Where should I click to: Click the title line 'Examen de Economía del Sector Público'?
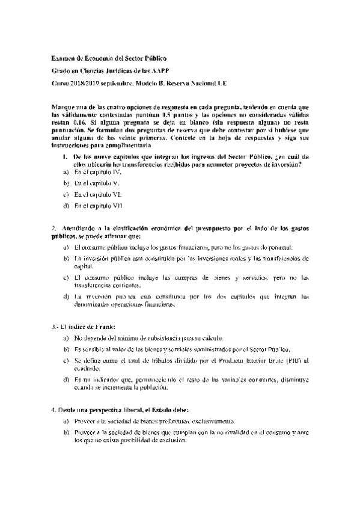coord(108,58)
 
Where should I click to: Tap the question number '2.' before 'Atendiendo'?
coord(54,229)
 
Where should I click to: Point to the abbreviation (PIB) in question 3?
coord(292,360)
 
